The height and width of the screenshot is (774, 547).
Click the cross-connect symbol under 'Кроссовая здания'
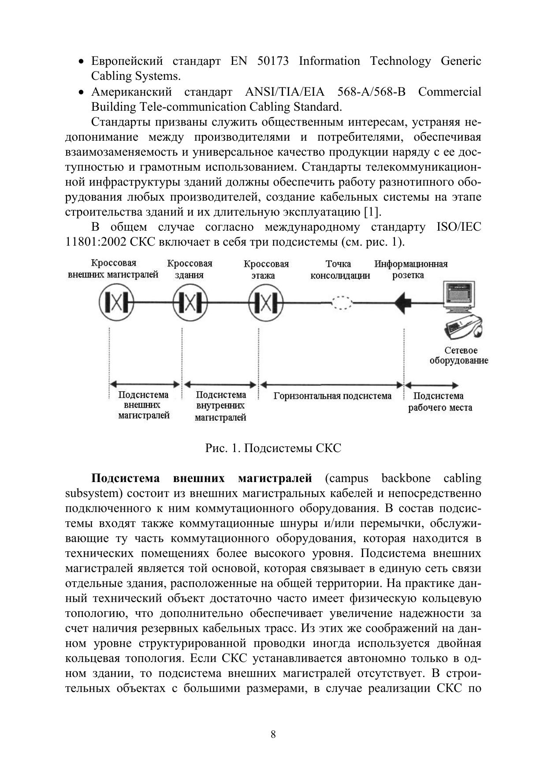tap(190, 302)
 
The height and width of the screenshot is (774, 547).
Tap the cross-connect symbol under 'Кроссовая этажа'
tap(266, 302)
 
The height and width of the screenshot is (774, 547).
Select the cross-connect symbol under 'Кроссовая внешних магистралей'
tap(115, 302)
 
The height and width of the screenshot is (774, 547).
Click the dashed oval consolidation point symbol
tap(342, 303)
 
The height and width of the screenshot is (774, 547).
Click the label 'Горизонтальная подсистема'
tap(332, 396)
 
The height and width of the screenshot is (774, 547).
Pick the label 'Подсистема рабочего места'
tap(439, 402)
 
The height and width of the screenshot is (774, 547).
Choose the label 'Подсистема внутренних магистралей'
tap(220, 406)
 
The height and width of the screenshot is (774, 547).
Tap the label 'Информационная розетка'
tap(411, 269)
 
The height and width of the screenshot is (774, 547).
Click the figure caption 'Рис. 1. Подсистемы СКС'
tap(273, 449)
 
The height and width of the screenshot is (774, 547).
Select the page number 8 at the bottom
tap(273, 735)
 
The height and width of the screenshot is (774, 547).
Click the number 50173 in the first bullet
tap(272, 61)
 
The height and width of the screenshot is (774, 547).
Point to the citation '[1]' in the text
tap(371, 212)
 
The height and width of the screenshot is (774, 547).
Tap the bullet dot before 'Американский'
tap(81, 93)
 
